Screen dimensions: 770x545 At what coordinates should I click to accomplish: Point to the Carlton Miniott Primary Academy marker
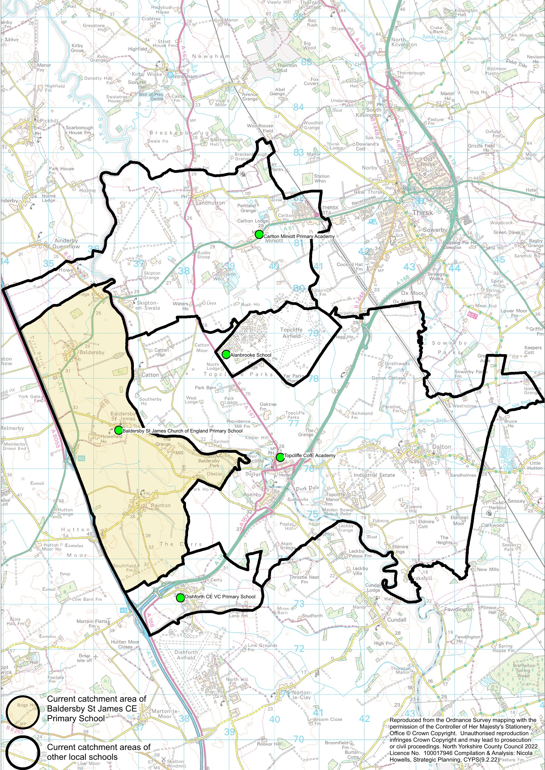tap(259, 234)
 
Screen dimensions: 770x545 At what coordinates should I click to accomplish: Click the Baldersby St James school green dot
tap(118, 430)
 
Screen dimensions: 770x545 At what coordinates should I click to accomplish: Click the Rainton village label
tap(160, 505)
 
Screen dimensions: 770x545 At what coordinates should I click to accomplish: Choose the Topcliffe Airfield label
tap(291, 333)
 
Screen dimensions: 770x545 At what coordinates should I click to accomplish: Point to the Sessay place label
tap(516, 501)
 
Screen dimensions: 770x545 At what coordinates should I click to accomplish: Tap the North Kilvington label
tap(404, 42)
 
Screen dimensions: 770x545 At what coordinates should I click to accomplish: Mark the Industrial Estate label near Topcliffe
tap(374, 475)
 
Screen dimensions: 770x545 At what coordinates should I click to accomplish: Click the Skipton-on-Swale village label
tap(148, 305)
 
